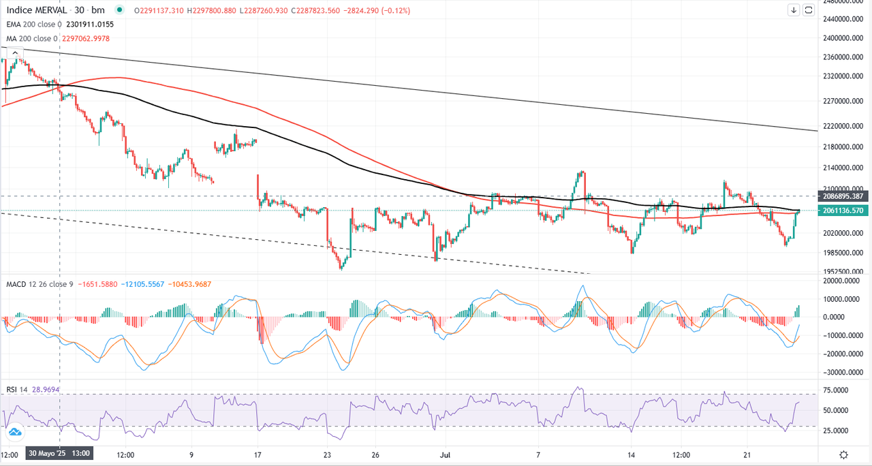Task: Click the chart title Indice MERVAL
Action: click(x=37, y=10)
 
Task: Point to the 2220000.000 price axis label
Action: click(x=842, y=127)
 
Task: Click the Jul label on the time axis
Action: click(x=444, y=454)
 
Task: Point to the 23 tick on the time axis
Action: click(x=328, y=454)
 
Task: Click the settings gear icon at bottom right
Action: click(x=843, y=454)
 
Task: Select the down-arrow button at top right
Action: click(x=794, y=10)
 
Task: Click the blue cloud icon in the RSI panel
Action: click(x=14, y=431)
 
